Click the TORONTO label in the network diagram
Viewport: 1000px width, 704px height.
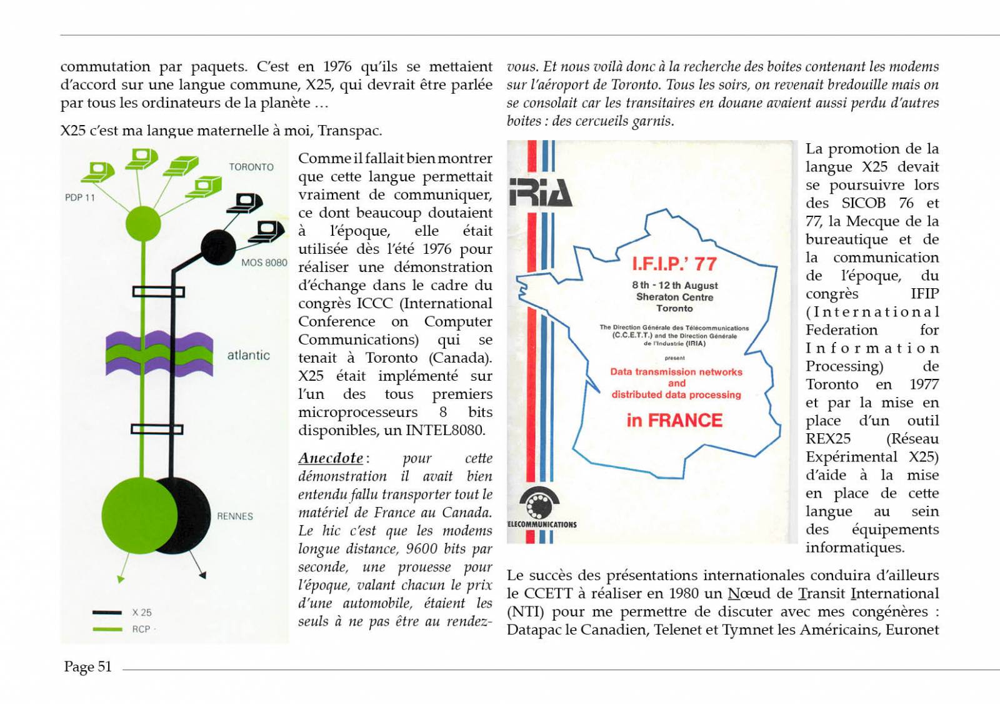coord(251,167)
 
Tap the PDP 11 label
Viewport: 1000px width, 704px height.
coord(79,198)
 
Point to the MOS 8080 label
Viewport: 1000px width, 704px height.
coord(264,263)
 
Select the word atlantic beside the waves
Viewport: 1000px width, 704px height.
coord(248,355)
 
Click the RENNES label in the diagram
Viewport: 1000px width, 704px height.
coord(235,516)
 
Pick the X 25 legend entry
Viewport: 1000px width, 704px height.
coord(141,613)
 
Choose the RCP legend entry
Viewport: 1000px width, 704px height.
coord(141,629)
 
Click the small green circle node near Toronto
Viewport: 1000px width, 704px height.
coord(143,223)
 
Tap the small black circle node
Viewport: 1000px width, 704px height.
coord(218,247)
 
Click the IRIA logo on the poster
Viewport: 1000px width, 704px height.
coord(540,192)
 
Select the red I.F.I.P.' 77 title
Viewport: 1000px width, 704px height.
coord(674,264)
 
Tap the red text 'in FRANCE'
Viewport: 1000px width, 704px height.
coord(674,420)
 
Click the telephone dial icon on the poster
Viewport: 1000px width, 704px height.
coord(539,503)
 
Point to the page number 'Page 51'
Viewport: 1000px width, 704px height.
coord(87,666)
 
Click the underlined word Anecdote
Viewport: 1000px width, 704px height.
coord(331,458)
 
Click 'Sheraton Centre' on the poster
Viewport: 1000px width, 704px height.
coord(674,297)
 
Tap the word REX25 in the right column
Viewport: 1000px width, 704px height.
coord(827,438)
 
